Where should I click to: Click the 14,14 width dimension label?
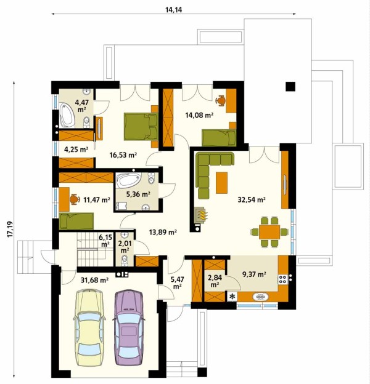click(173, 10)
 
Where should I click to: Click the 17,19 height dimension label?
click(10, 229)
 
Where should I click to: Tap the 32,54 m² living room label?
click(252, 199)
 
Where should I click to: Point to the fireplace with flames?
click(201, 215)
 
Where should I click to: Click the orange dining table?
click(269, 232)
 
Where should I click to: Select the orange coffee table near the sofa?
click(221, 183)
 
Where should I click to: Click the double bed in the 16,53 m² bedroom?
click(141, 127)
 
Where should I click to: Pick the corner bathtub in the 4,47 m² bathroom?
click(67, 115)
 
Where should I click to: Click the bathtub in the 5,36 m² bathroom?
click(128, 180)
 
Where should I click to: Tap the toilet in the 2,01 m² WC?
click(125, 260)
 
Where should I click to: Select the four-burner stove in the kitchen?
click(282, 279)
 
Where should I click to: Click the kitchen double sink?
click(260, 297)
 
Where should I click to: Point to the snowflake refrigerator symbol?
click(232, 297)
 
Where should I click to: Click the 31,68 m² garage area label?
click(95, 279)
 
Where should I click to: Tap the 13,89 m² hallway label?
click(163, 231)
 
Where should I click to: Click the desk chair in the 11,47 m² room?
click(74, 199)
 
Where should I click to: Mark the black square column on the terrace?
click(290, 86)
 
